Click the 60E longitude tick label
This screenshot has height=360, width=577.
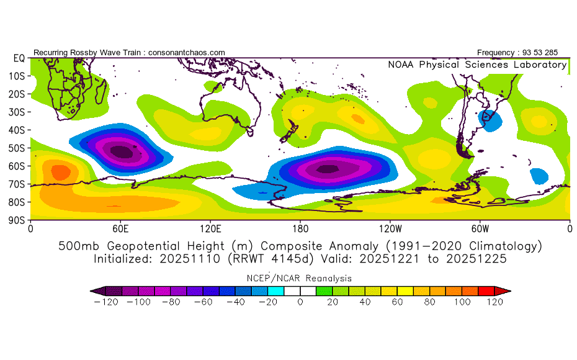tap(120, 229)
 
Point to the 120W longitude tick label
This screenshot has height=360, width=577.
tap(390, 229)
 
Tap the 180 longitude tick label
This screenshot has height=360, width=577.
tap(300, 229)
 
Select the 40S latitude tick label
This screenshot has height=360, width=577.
tap(17, 130)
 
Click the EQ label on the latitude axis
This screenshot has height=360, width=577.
tap(19, 58)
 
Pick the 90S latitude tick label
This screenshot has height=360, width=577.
tap(17, 220)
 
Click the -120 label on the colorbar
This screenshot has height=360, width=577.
tap(106, 302)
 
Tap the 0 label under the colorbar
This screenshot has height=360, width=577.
tap(300, 302)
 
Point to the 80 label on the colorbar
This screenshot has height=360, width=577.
tap(430, 302)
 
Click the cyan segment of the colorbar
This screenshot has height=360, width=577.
tap(275, 291)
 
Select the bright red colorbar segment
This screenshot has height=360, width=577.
tap(486, 291)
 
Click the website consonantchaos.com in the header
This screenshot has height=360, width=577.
tap(187, 53)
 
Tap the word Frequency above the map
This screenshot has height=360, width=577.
tap(496, 53)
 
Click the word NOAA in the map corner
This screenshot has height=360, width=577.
tap(401, 65)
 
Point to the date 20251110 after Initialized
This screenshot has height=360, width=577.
tap(190, 259)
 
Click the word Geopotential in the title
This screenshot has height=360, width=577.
tap(166, 246)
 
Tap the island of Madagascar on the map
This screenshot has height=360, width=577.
tap(101, 91)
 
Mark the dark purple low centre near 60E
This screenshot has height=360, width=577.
tap(122, 151)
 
